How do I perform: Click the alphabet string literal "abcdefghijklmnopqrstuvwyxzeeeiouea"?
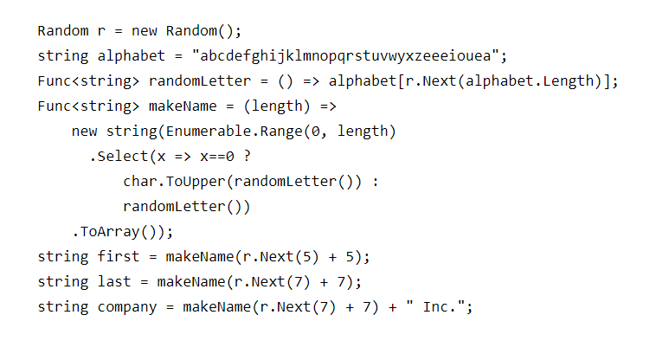(x=350, y=56)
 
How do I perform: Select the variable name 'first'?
(x=114, y=257)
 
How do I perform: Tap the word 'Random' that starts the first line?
(x=62, y=31)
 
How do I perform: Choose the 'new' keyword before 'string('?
(x=84, y=132)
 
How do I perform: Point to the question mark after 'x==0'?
(x=248, y=157)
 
